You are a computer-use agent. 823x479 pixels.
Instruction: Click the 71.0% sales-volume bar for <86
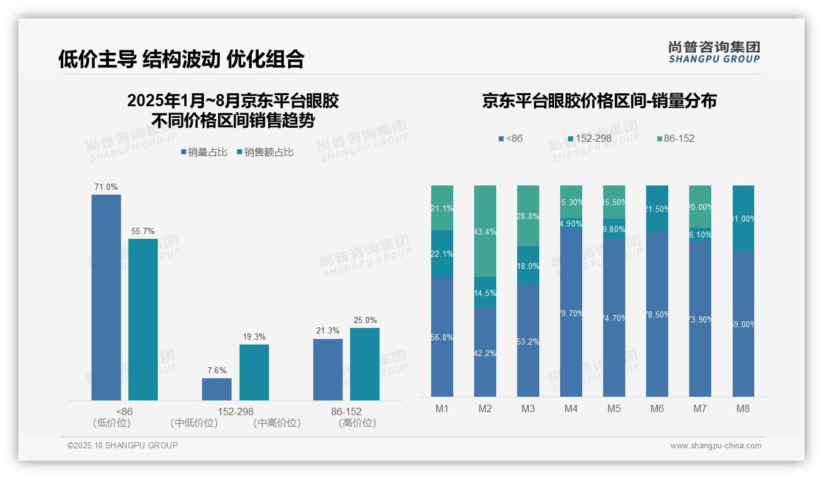[x=106, y=297]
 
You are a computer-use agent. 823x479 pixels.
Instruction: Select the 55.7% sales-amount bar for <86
[x=143, y=319]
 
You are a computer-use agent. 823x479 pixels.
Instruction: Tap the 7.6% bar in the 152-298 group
[x=217, y=389]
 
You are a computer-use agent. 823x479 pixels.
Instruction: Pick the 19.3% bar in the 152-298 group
[x=254, y=372]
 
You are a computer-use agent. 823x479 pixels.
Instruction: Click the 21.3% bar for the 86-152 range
[x=328, y=370]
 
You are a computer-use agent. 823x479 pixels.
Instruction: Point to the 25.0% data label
[x=365, y=321]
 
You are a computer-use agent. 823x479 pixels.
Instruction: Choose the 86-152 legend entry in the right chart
[x=676, y=139]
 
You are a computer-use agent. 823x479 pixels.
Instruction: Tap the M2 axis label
[x=485, y=409]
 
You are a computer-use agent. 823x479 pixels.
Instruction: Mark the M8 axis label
[x=743, y=409]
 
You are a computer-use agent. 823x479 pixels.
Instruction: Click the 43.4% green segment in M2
[x=485, y=231]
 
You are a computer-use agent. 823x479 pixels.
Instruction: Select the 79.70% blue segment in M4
[x=571, y=313]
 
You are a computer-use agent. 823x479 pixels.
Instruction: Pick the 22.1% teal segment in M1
[x=442, y=254]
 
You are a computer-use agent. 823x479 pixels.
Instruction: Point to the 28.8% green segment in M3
[x=528, y=216]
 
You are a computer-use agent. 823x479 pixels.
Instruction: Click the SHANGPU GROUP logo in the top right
[x=714, y=52]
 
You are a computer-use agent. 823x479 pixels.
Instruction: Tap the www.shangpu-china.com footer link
[x=716, y=446]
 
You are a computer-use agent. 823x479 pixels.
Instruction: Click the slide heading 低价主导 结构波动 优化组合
[x=181, y=59]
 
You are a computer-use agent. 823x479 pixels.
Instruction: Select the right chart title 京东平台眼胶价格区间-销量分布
[x=599, y=101]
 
